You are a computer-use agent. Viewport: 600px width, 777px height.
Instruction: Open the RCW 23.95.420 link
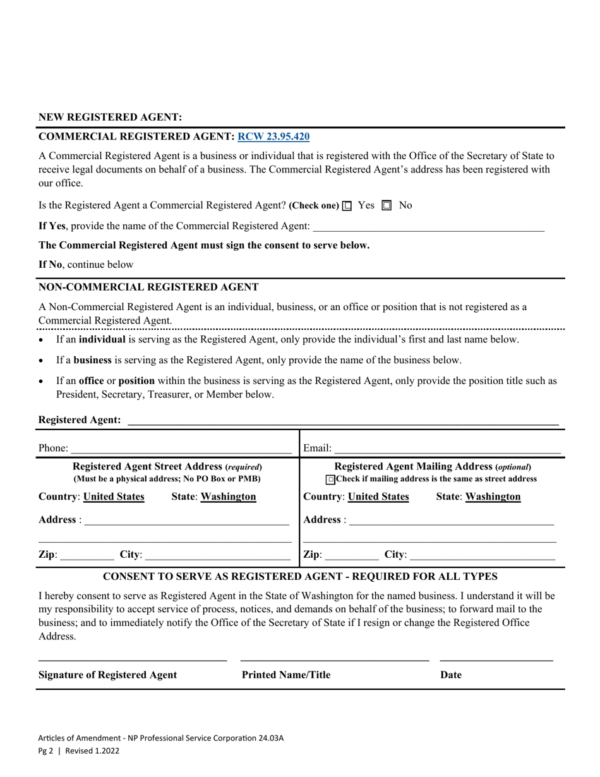pos(273,136)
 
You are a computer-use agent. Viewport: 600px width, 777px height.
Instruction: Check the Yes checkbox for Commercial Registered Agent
pos(347,206)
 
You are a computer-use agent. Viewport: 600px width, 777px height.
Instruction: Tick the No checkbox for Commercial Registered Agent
pos(387,206)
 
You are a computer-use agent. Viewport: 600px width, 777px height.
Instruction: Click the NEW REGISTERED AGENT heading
pos(111,117)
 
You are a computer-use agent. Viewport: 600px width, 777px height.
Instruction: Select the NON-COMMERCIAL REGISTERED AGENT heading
pos(148,287)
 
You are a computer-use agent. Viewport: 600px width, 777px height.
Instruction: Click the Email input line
pos(447,449)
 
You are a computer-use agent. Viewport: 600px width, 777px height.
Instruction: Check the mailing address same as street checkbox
pos(330,480)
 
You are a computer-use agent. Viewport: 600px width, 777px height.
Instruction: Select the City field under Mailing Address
pos(482,556)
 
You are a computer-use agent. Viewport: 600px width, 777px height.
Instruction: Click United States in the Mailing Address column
pos(378,497)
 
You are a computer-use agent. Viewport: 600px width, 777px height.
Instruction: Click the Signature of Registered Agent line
pos(133,658)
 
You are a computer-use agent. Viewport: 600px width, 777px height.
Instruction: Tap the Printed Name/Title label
pos(286,675)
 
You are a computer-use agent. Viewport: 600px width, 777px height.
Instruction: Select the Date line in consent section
pos(496,658)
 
